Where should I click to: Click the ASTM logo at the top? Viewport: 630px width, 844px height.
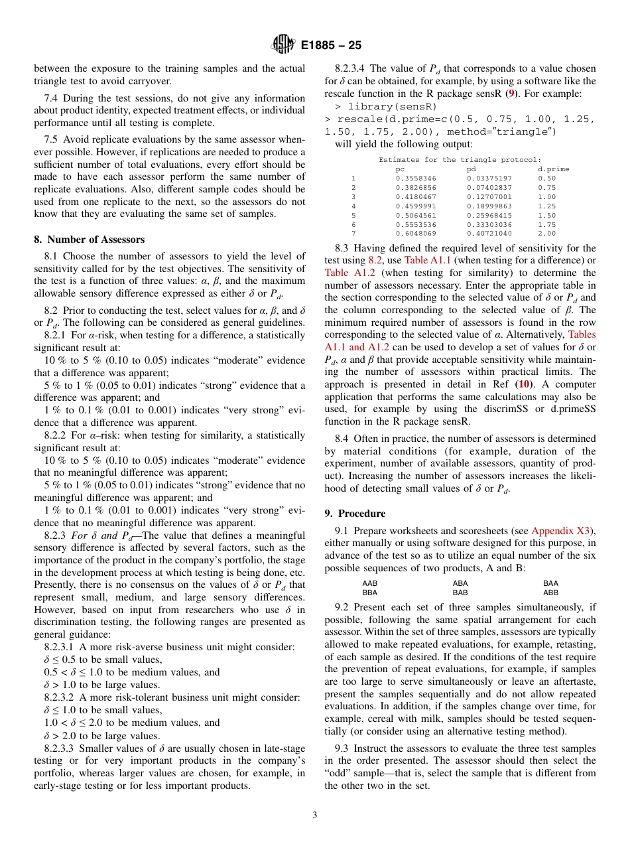284,45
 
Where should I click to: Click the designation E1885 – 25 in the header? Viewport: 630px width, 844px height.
330,46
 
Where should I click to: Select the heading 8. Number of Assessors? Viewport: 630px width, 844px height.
89,240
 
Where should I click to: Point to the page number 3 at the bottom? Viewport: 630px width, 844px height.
315,815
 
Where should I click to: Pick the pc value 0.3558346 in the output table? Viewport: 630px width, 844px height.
416,178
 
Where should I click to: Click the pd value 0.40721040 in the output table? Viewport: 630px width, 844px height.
489,234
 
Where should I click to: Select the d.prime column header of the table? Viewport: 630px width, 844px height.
553,169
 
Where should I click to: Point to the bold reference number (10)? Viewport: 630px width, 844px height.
521,384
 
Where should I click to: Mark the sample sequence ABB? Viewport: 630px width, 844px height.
550,592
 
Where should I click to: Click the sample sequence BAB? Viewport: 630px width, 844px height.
460,592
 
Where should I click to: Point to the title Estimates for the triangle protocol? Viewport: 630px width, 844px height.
460,160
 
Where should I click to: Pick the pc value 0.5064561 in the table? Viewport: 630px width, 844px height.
416,215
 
